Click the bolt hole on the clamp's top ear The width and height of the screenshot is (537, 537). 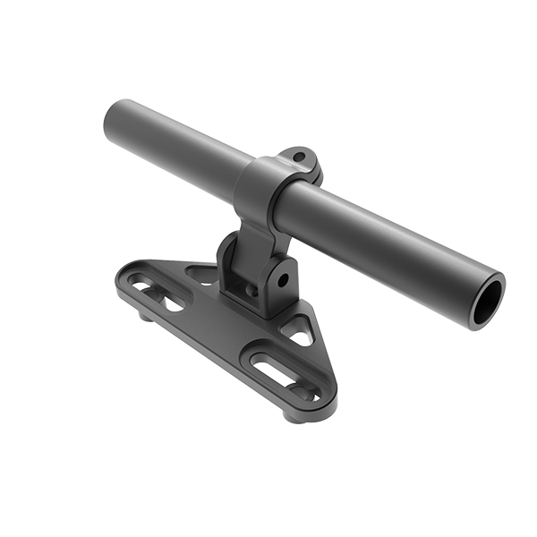[x=302, y=160]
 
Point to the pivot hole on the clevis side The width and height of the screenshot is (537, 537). [x=283, y=279]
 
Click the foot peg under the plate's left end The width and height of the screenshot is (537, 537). [x=145, y=316]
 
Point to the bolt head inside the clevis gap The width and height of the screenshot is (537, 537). [x=253, y=291]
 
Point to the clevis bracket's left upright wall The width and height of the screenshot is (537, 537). [x=229, y=264]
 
